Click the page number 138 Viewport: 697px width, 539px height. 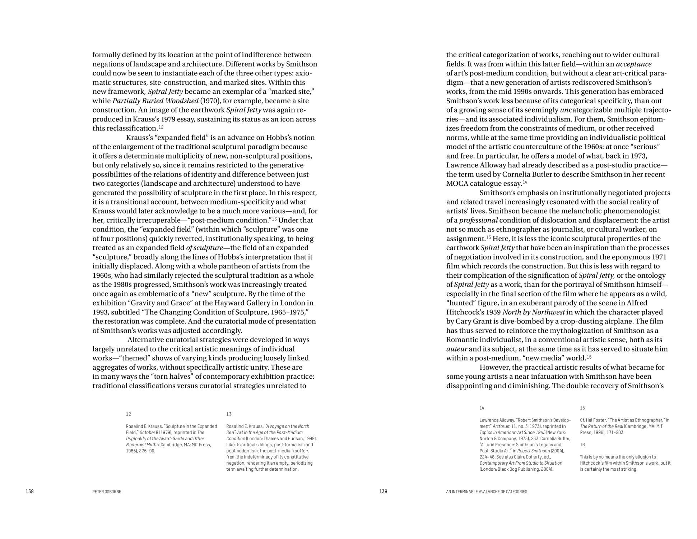29,491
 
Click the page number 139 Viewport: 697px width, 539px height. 383,491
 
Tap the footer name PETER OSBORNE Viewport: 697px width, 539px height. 107,492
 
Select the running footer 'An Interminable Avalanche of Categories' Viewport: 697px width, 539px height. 487,492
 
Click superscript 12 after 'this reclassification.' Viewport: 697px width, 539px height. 161,127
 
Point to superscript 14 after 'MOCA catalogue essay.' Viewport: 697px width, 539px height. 525,182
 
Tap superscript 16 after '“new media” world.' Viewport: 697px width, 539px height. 589,357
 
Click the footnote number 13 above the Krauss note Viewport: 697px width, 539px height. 229,414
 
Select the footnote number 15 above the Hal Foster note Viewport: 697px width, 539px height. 582,408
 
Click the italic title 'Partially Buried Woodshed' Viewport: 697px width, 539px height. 155,101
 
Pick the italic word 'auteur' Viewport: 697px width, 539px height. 457,349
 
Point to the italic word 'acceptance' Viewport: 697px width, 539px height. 633,64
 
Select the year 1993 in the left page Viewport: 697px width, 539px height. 101,312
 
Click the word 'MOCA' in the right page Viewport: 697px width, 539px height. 456,184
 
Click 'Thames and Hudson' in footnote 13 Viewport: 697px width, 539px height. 277,438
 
